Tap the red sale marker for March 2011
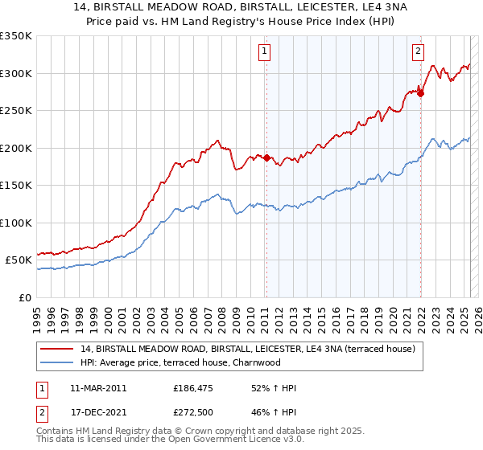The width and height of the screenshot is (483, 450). click(x=266, y=157)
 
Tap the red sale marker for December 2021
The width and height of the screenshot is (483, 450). click(x=420, y=93)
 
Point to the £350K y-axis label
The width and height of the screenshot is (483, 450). click(x=16, y=36)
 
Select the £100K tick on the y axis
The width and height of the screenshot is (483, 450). click(x=16, y=223)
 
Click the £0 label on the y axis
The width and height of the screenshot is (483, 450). click(x=24, y=297)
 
